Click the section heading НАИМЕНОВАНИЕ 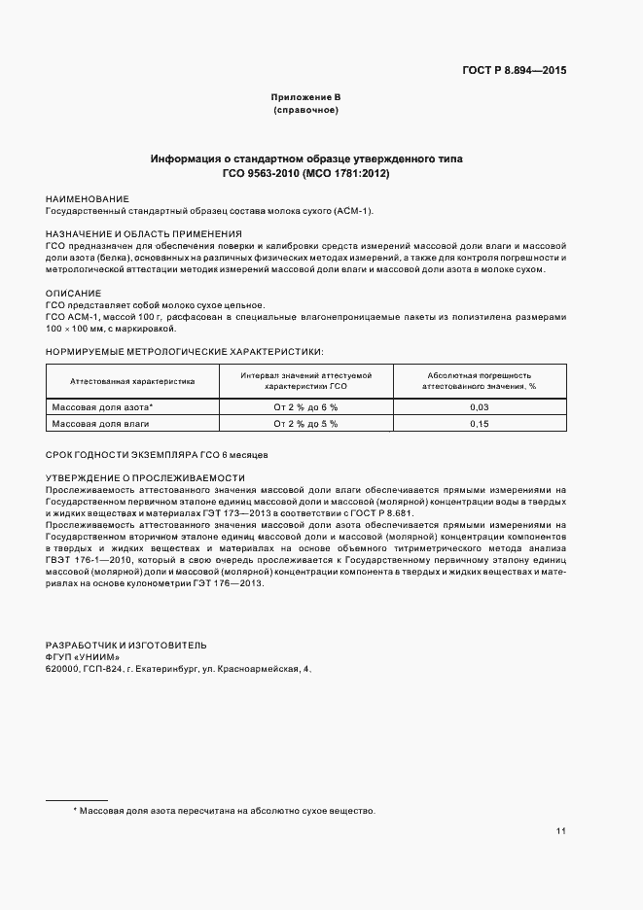[87, 198]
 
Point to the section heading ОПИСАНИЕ [73, 293]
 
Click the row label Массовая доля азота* [103, 407]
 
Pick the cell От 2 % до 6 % [305, 407]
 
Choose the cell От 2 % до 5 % [305, 424]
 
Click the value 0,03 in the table [479, 407]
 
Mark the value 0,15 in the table [479, 424]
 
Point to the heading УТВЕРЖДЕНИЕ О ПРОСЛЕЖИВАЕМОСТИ [145, 477]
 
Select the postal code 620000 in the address [63, 670]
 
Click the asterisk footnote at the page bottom [224, 810]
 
